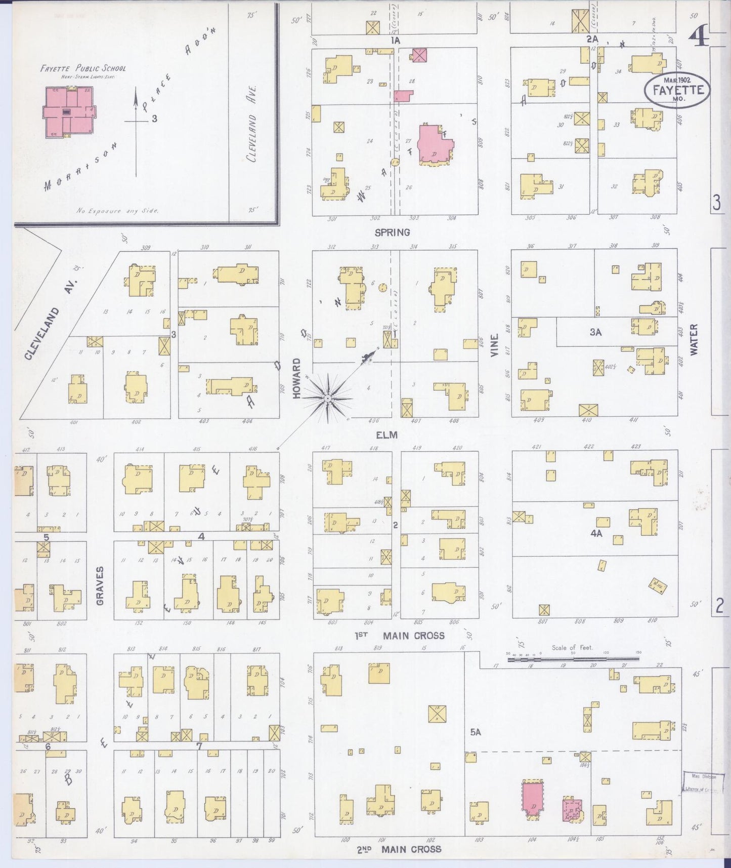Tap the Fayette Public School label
[x=83, y=68]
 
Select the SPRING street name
[x=392, y=232]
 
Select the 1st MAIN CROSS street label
[x=400, y=636]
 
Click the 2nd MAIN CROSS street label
[x=400, y=849]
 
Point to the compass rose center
[x=328, y=399]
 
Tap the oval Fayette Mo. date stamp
[x=677, y=90]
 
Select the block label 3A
[x=595, y=332]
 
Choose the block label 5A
[x=475, y=732]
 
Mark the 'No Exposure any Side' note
[x=117, y=210]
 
